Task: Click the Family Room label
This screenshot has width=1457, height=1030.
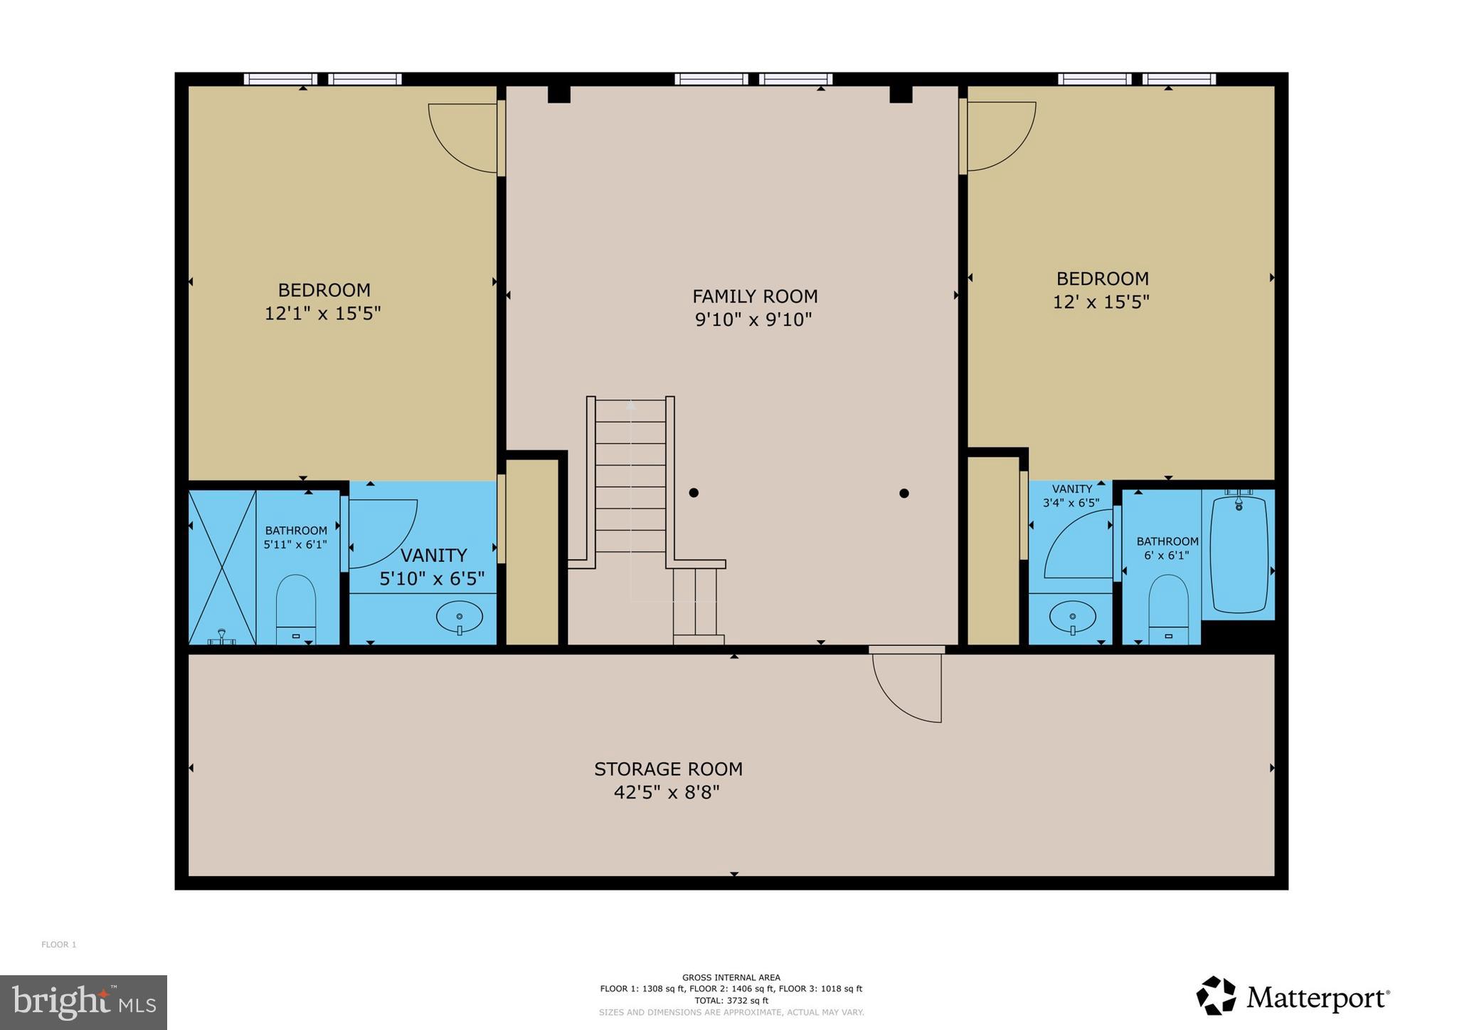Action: [x=755, y=296]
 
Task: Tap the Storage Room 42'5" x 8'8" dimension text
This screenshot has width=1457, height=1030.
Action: [x=667, y=792]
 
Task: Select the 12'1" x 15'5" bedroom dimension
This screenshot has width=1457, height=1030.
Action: [x=323, y=314]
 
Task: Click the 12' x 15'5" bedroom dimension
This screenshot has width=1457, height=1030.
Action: [x=1101, y=302]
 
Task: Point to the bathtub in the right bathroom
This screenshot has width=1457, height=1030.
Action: [x=1239, y=555]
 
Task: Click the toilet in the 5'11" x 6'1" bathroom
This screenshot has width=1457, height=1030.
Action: [x=296, y=608]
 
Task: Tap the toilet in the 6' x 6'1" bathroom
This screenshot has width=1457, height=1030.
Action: [x=1168, y=608]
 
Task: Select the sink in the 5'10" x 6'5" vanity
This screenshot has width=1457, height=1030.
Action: [x=459, y=617]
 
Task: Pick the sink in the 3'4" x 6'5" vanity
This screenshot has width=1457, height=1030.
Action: [x=1072, y=616]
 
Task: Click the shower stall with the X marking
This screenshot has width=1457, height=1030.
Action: [x=222, y=567]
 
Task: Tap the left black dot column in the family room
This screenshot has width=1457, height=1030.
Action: [x=694, y=492]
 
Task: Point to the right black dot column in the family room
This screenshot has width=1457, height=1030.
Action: [x=904, y=493]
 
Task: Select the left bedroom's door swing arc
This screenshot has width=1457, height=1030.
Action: [x=462, y=139]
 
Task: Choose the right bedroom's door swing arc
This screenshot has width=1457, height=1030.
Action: [x=1000, y=137]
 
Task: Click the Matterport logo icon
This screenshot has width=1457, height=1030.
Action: [x=1216, y=996]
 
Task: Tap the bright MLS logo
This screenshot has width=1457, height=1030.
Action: [x=83, y=1002]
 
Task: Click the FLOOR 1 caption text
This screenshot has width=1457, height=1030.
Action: [x=58, y=945]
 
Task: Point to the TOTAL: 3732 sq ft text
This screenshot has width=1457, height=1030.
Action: [x=731, y=1000]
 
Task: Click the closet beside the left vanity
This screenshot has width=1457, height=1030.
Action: [x=532, y=552]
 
